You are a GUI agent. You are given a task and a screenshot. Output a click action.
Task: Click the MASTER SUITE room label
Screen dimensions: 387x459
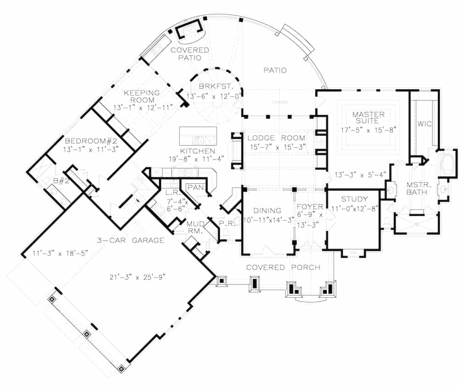(365, 118)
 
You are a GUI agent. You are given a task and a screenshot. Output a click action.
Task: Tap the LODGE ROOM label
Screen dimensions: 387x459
(276, 138)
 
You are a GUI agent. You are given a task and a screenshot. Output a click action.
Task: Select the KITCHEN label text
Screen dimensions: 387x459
(197, 151)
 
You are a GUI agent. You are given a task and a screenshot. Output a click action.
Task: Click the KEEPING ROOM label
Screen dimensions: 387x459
(142, 97)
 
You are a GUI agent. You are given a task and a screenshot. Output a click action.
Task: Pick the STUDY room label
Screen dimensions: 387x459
(354, 199)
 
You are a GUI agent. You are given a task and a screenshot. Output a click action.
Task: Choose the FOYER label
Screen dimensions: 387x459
(309, 206)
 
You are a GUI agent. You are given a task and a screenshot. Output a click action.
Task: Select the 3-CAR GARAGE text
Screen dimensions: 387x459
(130, 240)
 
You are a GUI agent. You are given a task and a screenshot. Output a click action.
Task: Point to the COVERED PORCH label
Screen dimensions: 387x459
(283, 267)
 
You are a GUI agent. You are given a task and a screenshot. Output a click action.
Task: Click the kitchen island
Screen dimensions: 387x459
(197, 137)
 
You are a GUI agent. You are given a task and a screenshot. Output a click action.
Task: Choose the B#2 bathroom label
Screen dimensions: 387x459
(61, 181)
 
